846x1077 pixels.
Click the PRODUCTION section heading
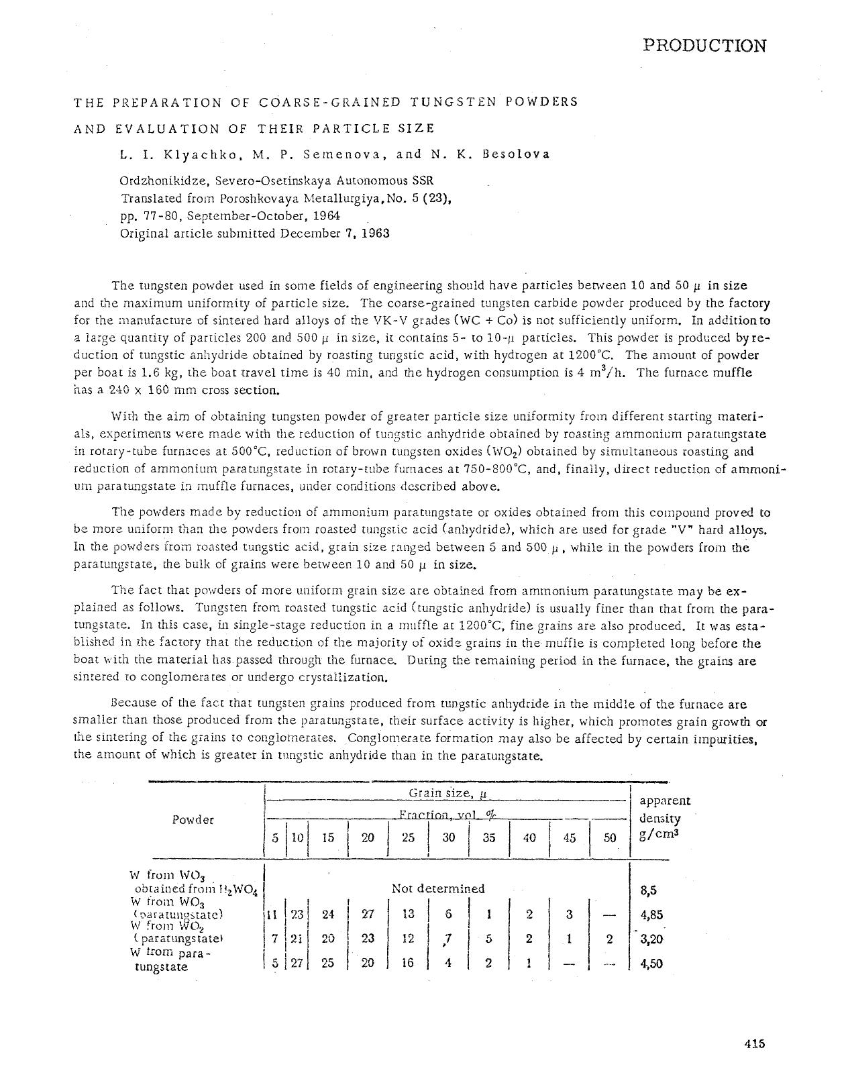coord(704,46)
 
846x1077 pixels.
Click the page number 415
coord(755,1043)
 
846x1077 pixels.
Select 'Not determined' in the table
coord(437,888)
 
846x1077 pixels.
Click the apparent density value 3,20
coord(651,939)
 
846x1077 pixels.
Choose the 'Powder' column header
coord(193,819)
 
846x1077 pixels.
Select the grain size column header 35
coord(489,837)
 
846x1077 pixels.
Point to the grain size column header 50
coord(609,837)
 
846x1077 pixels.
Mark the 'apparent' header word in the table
coord(665,801)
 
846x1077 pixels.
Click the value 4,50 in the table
coord(651,964)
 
